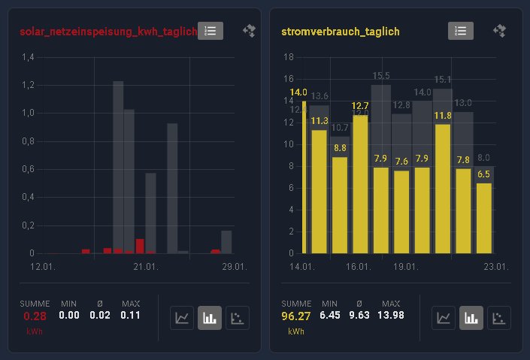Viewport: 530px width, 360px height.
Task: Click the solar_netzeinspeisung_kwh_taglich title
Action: (108, 32)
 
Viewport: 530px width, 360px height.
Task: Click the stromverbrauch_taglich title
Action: (340, 32)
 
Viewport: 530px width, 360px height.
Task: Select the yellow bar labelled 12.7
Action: (360, 184)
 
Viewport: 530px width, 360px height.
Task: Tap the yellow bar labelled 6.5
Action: (484, 218)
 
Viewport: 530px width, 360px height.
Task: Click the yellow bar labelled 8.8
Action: (340, 204)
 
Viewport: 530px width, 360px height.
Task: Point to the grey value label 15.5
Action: (381, 76)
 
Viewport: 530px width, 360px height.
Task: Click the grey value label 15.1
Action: (443, 80)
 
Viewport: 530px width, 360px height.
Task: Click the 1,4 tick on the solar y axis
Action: (29, 58)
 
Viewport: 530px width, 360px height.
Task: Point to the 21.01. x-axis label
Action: (145, 267)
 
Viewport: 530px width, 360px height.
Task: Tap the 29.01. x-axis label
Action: (235, 267)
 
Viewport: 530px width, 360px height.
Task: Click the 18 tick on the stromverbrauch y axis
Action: (288, 57)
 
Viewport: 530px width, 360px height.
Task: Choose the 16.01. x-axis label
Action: (358, 267)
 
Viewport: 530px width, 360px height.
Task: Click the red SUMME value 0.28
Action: (35, 316)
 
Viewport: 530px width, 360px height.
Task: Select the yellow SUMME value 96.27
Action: (296, 316)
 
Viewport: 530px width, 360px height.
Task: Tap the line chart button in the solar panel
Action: (182, 317)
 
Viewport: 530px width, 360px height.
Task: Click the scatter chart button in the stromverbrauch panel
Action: (499, 317)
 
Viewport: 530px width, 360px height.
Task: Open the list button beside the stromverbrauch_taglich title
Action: (461, 31)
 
